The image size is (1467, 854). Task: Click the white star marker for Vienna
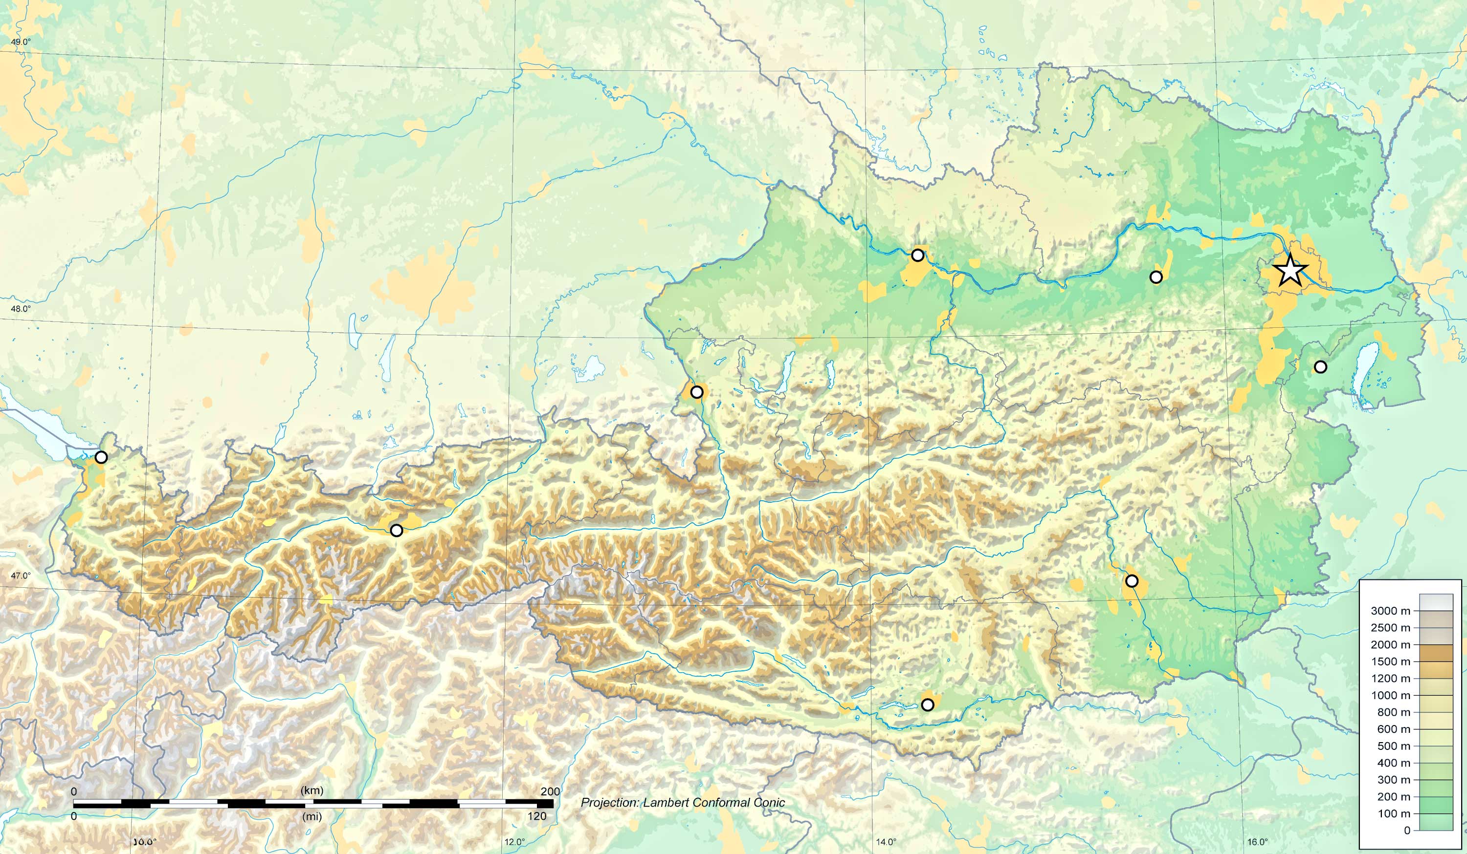(x=1290, y=271)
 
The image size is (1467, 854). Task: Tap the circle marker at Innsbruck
(x=397, y=530)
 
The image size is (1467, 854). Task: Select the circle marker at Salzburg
(x=696, y=392)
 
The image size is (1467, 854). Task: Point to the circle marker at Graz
(x=1132, y=580)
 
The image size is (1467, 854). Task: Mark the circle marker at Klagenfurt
(x=927, y=705)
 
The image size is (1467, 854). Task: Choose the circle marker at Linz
(x=917, y=255)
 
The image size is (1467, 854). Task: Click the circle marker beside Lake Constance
(x=101, y=457)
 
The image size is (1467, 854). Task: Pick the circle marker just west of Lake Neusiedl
(x=1320, y=366)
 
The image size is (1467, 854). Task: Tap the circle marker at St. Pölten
(x=1156, y=277)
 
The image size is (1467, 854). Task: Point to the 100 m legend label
(x=1394, y=814)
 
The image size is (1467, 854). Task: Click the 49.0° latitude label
(x=21, y=42)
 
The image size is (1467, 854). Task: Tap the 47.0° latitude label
(x=21, y=576)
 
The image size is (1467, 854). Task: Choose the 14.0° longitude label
(x=886, y=841)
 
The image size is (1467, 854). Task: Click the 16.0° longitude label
(x=1257, y=841)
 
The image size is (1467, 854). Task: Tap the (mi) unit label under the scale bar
(x=312, y=816)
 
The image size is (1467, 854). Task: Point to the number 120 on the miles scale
(x=537, y=816)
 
